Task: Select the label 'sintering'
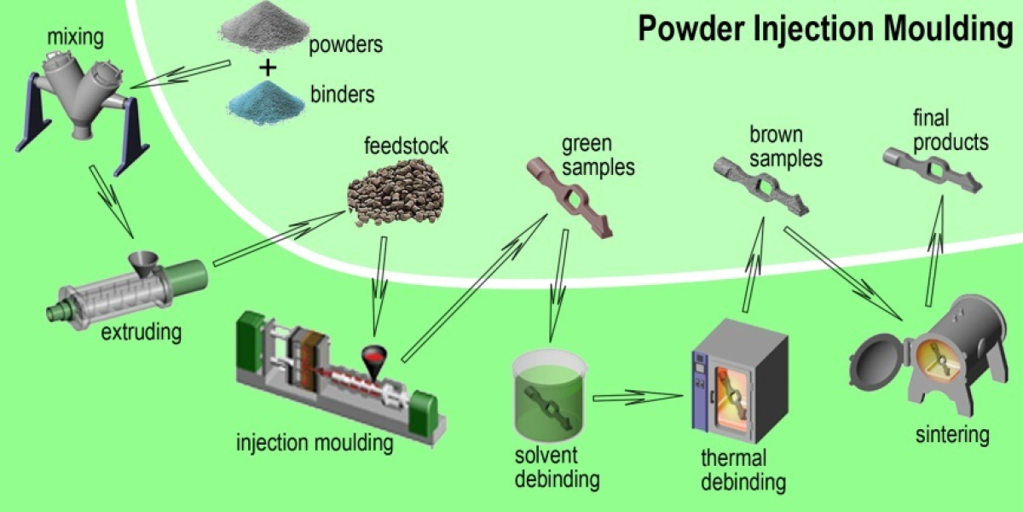[x=952, y=435]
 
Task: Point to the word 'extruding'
[x=142, y=332]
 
